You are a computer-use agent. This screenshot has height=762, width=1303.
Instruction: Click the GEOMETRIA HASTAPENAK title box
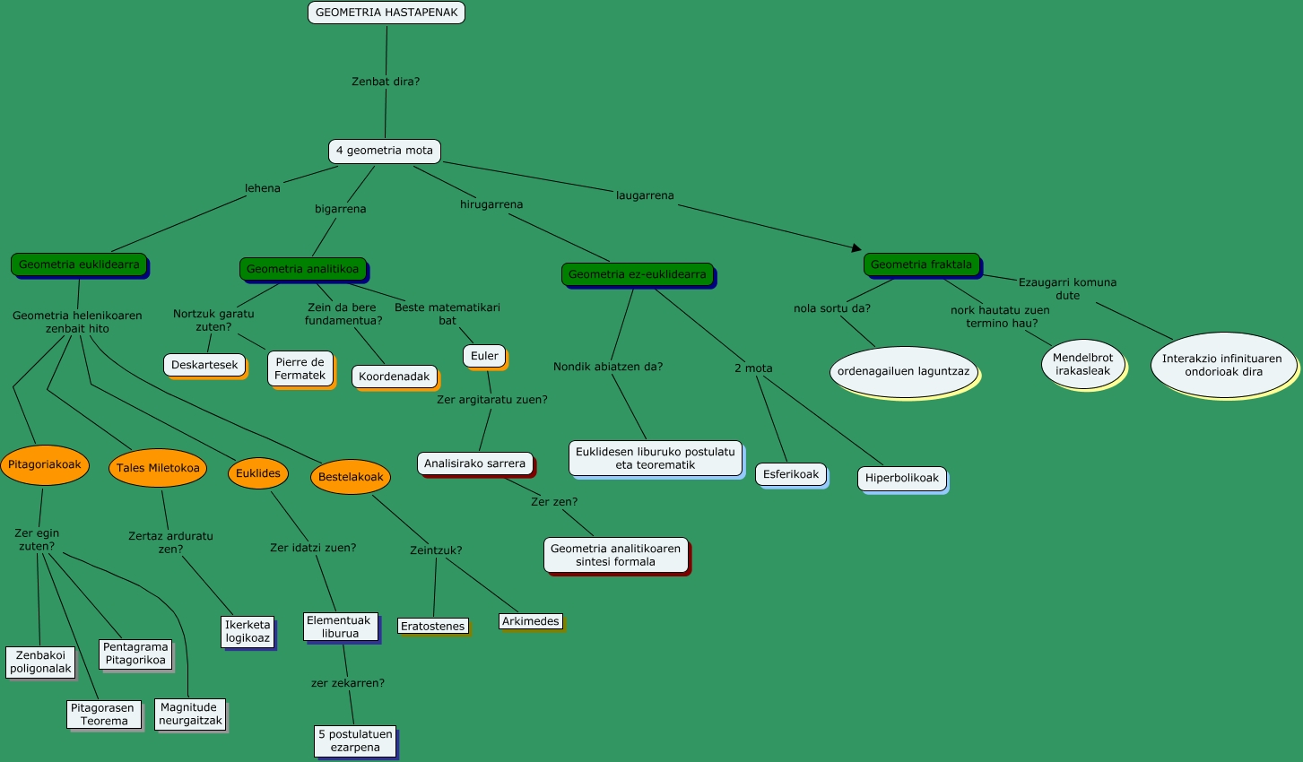[387, 13]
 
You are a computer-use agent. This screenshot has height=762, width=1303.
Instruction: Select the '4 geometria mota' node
[385, 151]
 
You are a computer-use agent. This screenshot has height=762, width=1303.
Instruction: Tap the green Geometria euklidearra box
[79, 264]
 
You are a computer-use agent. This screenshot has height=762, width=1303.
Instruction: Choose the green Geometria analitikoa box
[302, 269]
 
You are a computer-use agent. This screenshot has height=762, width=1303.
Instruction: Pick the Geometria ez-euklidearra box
[637, 274]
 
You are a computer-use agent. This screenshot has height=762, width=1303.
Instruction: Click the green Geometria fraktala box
[921, 264]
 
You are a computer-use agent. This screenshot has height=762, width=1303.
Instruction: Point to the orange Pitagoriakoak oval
[45, 464]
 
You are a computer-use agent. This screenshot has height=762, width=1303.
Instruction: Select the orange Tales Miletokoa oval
[158, 468]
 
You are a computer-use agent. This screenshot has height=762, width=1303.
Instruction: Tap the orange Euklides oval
[258, 473]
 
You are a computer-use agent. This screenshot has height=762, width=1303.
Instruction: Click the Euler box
[484, 356]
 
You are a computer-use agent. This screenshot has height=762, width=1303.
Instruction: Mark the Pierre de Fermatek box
[300, 368]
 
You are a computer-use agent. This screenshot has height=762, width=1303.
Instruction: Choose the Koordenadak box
[395, 377]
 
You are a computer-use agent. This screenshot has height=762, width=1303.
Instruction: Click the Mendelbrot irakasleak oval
[1082, 364]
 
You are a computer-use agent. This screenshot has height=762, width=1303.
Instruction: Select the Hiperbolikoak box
[902, 478]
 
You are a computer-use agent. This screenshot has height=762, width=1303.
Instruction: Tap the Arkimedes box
[531, 621]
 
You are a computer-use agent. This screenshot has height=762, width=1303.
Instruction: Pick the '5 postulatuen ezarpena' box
[355, 740]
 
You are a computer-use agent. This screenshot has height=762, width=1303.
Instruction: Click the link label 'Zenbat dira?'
[386, 82]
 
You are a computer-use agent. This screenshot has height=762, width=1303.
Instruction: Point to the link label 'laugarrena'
[645, 195]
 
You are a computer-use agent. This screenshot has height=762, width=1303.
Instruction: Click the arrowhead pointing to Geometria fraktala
[856, 247]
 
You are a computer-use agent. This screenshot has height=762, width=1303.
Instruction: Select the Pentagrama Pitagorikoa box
[135, 654]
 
